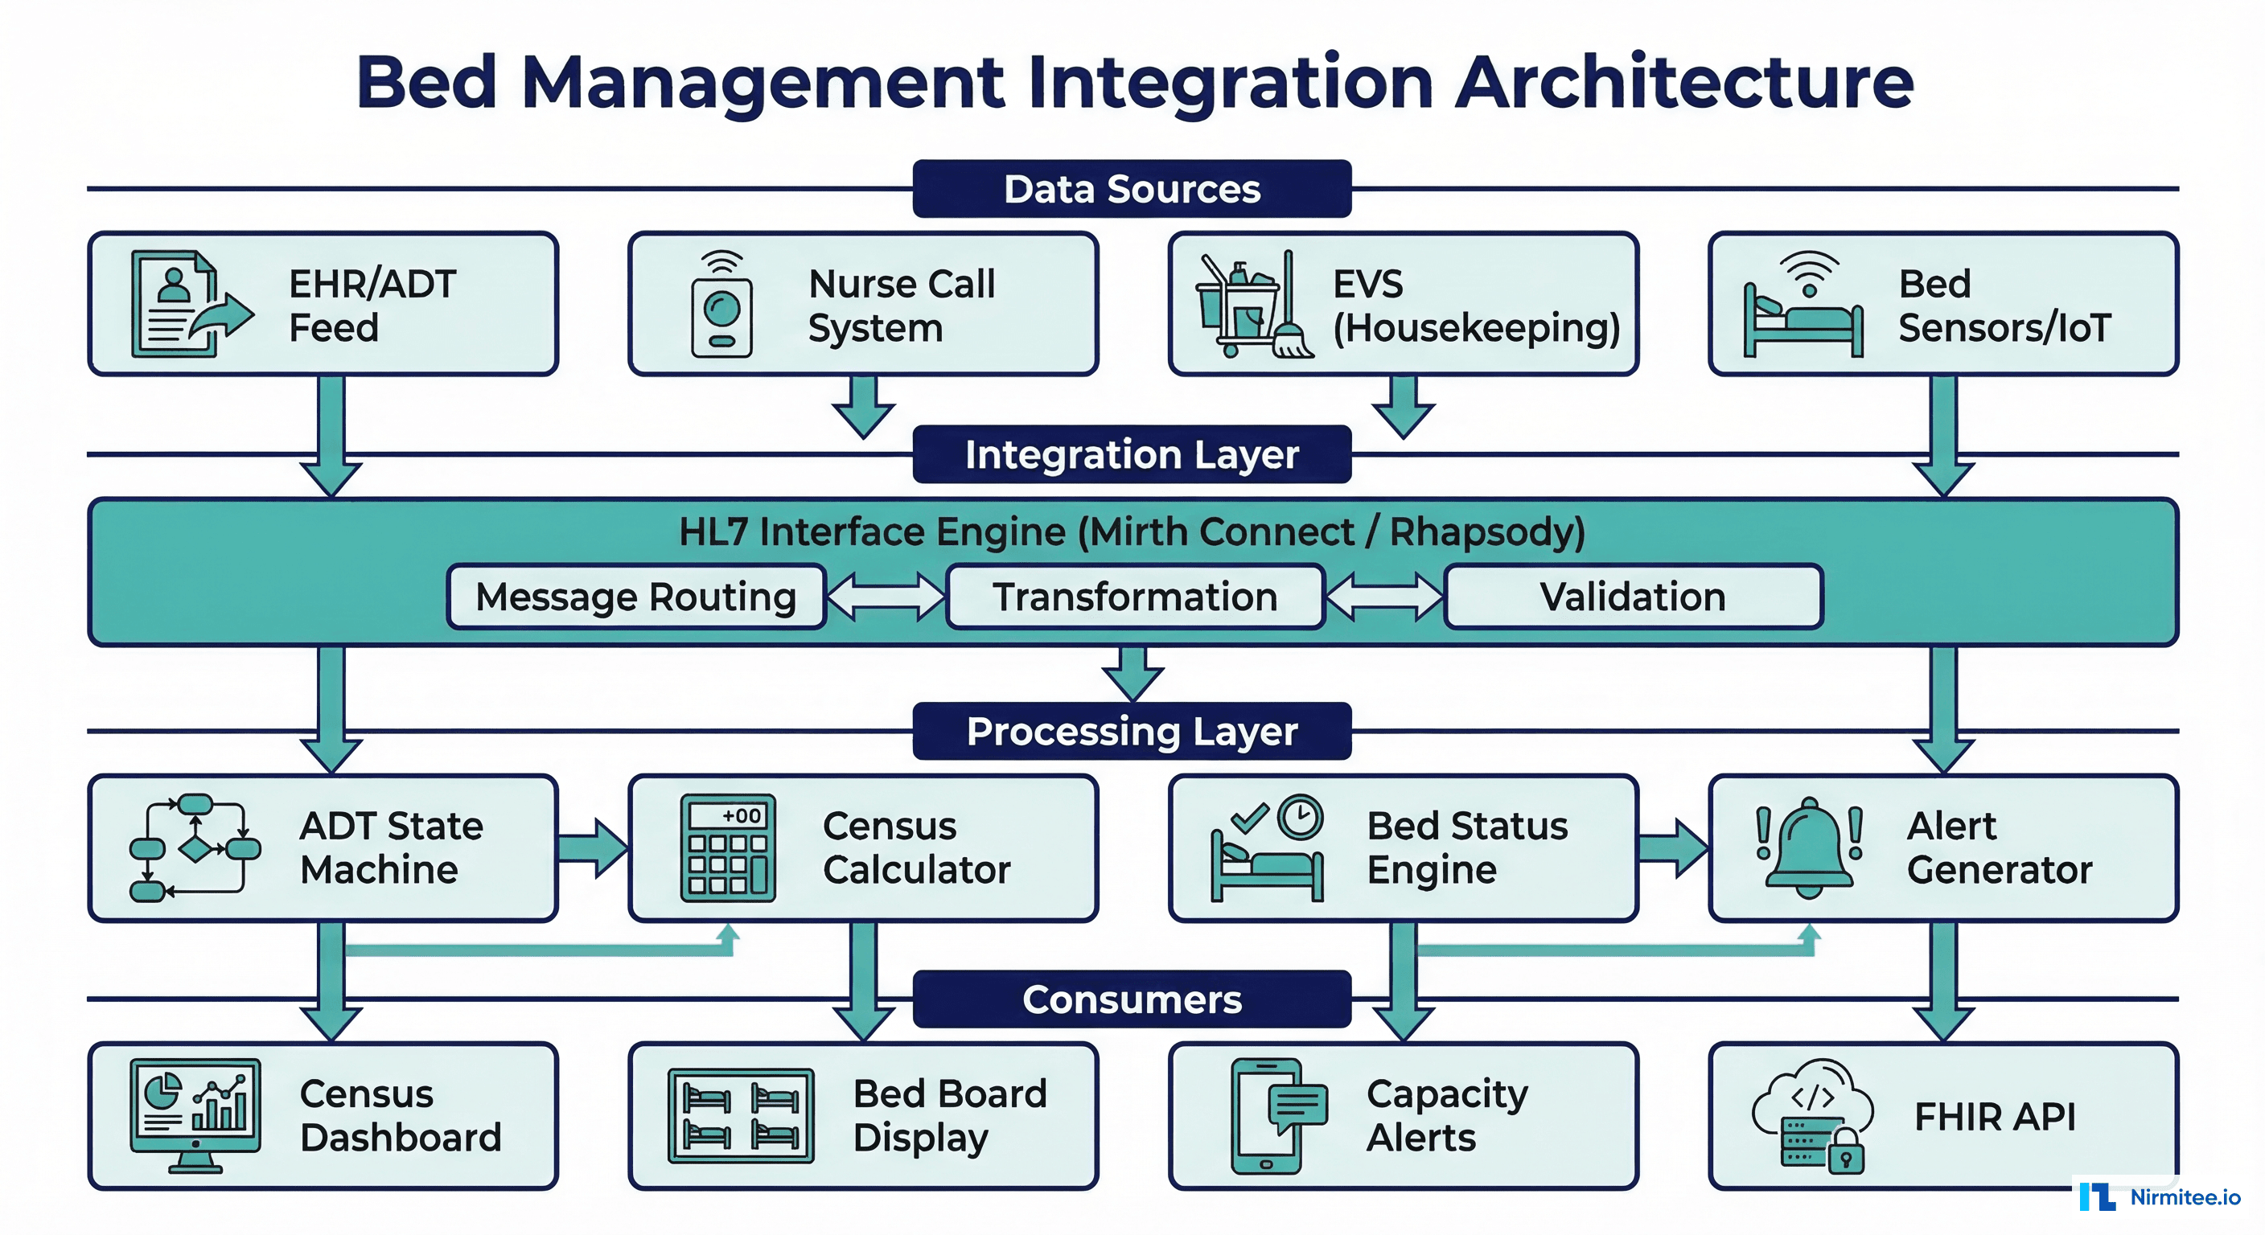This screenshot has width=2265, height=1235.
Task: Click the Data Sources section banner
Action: coord(1132,189)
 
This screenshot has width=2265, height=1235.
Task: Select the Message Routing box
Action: coord(635,597)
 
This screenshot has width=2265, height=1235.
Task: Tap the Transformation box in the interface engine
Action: coord(1134,597)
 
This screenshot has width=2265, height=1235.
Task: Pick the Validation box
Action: coord(1633,597)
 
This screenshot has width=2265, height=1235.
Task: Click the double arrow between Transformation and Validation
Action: coord(1384,597)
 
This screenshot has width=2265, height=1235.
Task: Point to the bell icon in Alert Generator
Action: coord(1810,848)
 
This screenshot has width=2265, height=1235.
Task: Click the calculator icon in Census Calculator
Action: coord(728,848)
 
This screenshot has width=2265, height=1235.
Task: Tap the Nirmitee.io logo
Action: coord(2159,1197)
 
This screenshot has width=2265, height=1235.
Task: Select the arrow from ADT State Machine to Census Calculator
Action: coord(594,848)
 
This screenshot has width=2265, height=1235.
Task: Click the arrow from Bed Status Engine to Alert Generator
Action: coord(1673,848)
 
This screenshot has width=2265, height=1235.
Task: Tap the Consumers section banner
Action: coord(1132,999)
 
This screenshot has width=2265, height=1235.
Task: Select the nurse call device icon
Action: coord(721,305)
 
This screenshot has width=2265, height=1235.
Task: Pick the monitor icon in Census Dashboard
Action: coord(195,1114)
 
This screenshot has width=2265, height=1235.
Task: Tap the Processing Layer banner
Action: coord(1132,732)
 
